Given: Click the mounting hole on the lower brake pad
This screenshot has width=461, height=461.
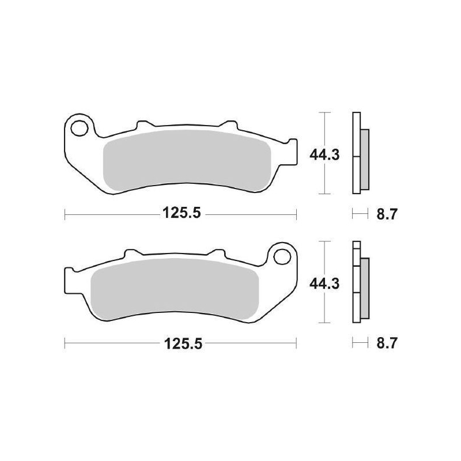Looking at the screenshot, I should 282,254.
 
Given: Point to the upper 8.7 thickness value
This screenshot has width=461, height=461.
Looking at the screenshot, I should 386,215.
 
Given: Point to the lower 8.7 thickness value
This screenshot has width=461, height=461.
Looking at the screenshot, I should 386,344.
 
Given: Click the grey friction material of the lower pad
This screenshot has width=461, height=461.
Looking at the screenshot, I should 173,288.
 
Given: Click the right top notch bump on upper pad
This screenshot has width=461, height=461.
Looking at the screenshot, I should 229,124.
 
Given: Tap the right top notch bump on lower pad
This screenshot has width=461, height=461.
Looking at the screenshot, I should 217,254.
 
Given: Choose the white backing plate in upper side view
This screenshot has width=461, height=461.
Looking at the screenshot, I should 356,153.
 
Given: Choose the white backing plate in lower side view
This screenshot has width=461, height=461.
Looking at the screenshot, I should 356,282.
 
